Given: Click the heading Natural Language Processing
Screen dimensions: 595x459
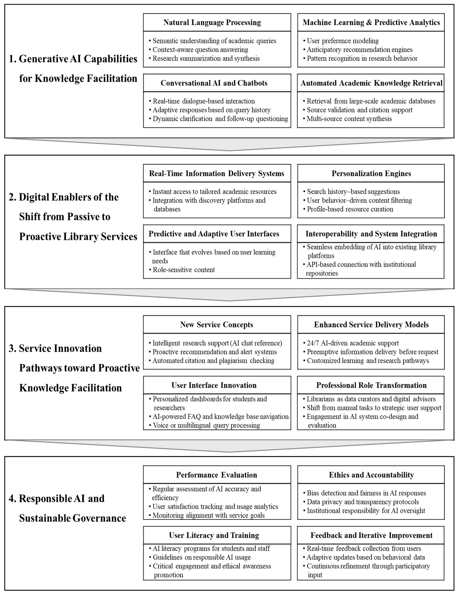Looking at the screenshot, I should click(212, 22).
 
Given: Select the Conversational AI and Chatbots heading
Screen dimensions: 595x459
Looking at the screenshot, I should click(214, 83).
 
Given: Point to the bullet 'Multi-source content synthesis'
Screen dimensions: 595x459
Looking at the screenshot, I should click(349, 119).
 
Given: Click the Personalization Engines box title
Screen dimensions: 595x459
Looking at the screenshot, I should click(371, 174).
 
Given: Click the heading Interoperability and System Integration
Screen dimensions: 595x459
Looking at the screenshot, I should click(371, 234).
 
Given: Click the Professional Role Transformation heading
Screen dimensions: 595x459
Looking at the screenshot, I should click(371, 385).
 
